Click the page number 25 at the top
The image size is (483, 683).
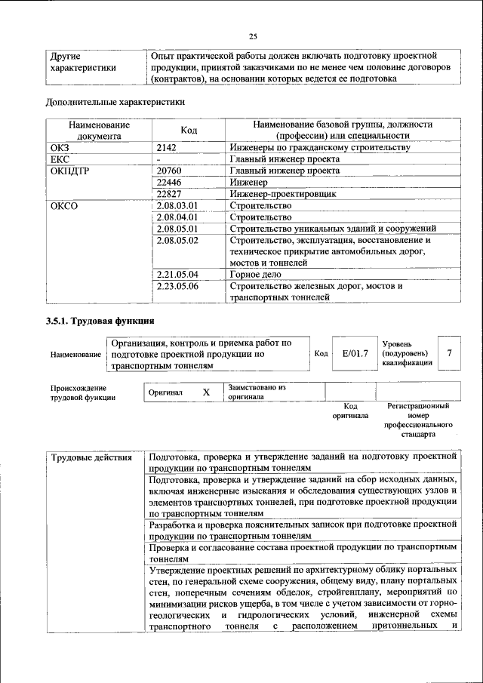click(253, 36)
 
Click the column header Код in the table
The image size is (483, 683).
click(189, 131)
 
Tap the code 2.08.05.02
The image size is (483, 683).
click(177, 240)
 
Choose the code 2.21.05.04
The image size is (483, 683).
click(177, 274)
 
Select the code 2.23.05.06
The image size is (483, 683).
click(177, 286)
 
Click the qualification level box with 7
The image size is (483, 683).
click(450, 353)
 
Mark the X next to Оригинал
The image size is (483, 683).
click(206, 392)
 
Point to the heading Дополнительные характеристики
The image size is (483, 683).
click(115, 100)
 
